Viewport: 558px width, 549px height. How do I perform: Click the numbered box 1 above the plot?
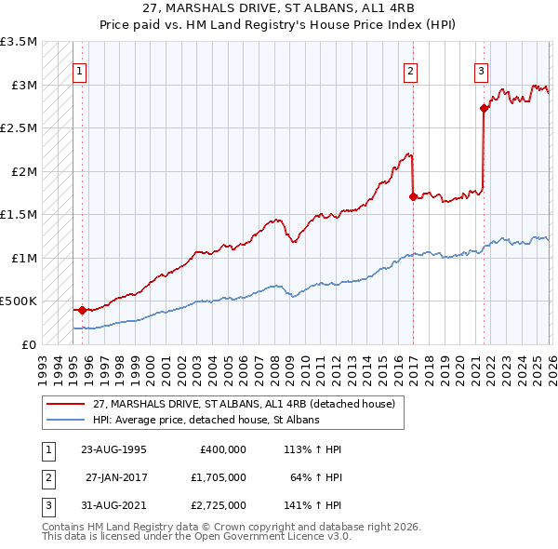coord(80,71)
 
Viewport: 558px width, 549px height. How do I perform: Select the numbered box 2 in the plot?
coord(410,71)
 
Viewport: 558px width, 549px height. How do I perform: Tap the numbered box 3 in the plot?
coord(481,71)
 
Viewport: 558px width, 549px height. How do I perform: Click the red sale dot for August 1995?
coord(82,310)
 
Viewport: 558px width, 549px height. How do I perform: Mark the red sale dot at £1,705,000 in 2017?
coord(413,196)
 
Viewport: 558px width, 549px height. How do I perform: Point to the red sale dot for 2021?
coord(484,108)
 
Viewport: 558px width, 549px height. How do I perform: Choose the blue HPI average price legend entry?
coord(206,420)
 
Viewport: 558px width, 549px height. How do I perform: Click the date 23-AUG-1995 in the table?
coord(114,449)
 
